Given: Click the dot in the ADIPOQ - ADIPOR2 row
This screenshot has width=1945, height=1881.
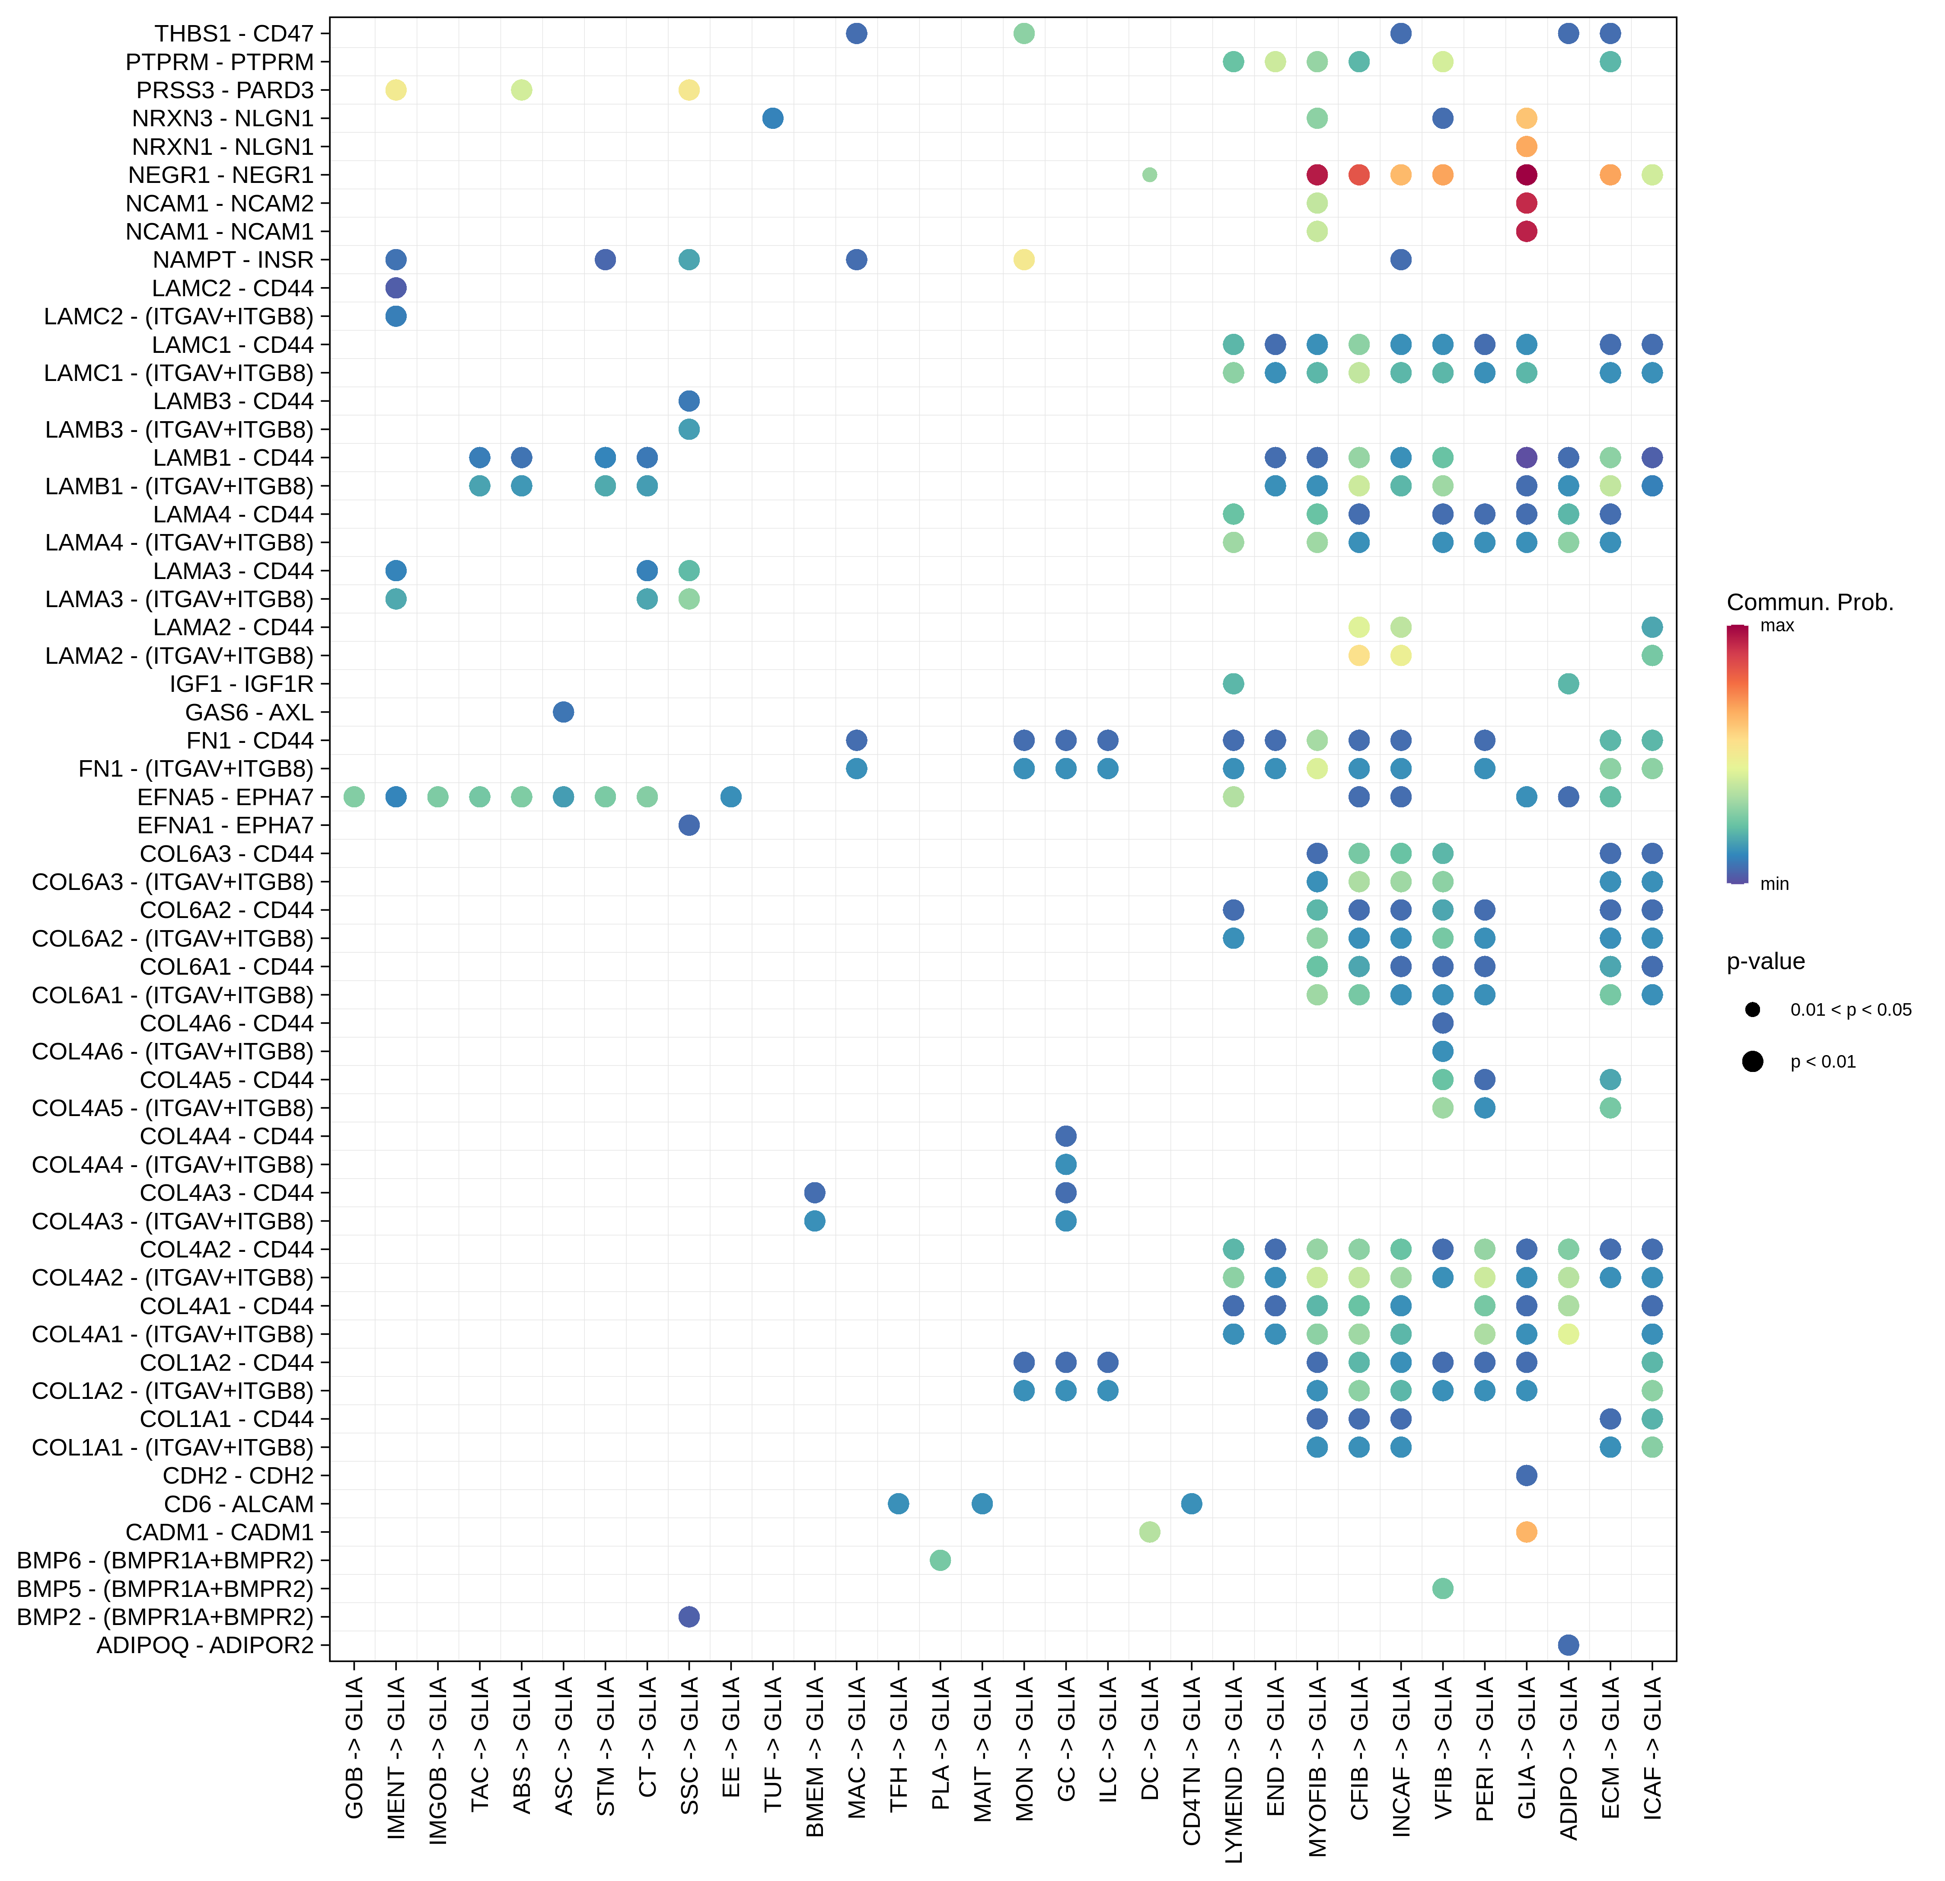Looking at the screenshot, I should coord(1568,1645).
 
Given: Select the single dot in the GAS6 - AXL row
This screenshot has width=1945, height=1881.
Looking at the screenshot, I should coord(563,712).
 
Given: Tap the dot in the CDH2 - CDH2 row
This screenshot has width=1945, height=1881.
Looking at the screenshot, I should coord(1526,1475).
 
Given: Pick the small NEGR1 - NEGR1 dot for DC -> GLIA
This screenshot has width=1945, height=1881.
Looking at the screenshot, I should coord(1149,175).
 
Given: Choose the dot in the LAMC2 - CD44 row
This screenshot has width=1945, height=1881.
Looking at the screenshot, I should coord(395,288).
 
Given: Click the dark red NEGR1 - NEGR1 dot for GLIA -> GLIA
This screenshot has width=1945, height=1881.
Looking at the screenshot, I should coord(1526,175).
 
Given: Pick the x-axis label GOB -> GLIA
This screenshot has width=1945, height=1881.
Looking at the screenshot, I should coord(354,1747).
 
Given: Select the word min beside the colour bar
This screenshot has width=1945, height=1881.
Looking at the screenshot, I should coord(1774,883).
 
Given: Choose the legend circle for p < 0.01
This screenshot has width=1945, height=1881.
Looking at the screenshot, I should coord(1753,1061).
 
